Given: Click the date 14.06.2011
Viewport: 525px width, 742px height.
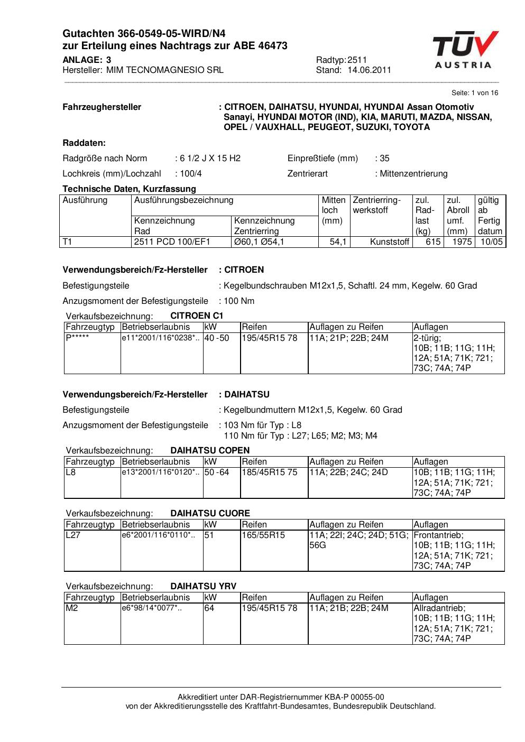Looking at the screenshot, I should pyautogui.click(x=369, y=70).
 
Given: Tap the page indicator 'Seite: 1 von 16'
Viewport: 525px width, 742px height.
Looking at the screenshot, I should pyautogui.click(x=475, y=93).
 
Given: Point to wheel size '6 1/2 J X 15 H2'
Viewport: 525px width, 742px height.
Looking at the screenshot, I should pyautogui.click(x=210, y=158).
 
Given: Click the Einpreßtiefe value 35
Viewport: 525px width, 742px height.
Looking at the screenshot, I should pyautogui.click(x=384, y=158).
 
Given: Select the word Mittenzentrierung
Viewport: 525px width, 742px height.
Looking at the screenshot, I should pyautogui.click(x=413, y=173).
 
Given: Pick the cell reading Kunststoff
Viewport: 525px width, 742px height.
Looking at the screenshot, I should pyautogui.click(x=389, y=242).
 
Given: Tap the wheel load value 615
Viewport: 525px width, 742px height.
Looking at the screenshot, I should pyautogui.click(x=433, y=242).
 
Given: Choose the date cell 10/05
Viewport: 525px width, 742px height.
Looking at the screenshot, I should pyautogui.click(x=491, y=242).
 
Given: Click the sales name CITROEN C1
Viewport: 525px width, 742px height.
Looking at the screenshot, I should pyautogui.click(x=197, y=316).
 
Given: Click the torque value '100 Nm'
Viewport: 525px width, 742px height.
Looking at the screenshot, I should pyautogui.click(x=239, y=301).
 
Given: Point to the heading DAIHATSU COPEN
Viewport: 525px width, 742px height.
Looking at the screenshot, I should pyautogui.click(x=210, y=450).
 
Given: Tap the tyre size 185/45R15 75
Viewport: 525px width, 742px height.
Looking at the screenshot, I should pyautogui.click(x=270, y=472).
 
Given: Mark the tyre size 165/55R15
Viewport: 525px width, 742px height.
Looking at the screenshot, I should pyautogui.click(x=263, y=535).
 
